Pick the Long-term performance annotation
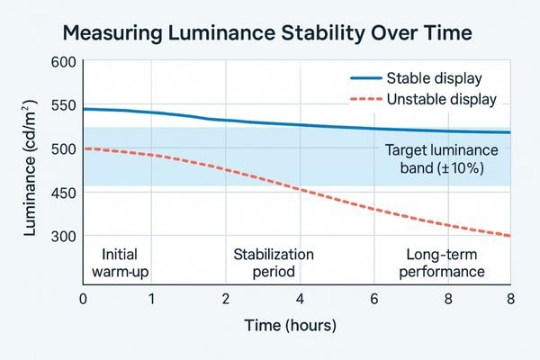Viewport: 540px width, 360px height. tap(440, 262)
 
